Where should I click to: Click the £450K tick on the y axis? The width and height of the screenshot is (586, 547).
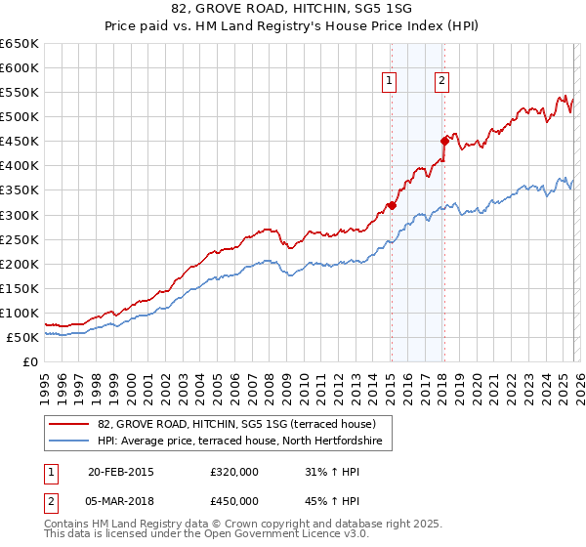pos(20,141)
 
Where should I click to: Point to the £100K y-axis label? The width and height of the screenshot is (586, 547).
pos(20,313)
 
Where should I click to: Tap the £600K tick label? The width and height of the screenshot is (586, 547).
pos(20,67)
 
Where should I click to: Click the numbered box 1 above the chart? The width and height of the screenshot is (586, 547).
pos(390,82)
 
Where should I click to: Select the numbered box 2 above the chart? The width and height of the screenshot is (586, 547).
pos(441,82)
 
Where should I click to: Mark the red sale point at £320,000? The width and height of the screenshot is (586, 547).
pos(391,205)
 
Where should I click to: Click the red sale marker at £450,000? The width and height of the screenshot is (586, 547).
pos(443,141)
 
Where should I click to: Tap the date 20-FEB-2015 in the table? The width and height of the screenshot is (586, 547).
pos(120,472)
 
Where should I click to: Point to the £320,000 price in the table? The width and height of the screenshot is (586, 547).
pos(233,472)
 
